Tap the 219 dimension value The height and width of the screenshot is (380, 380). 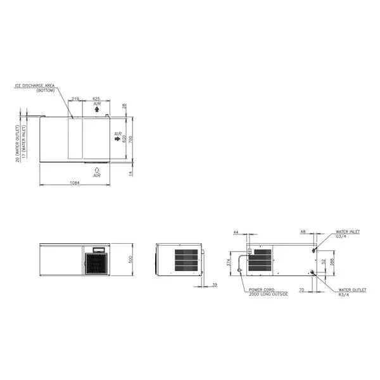(x=75, y=99)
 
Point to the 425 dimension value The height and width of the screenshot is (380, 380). (x=96, y=99)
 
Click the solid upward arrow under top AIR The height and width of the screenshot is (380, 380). (x=96, y=110)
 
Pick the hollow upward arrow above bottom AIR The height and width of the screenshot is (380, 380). (x=96, y=169)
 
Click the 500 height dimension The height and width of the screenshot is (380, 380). (x=131, y=260)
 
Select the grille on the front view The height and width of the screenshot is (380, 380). (x=98, y=263)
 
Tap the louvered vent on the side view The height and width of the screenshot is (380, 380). (x=187, y=260)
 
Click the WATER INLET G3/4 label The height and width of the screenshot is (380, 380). (x=348, y=234)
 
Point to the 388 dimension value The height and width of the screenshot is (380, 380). (x=331, y=260)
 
